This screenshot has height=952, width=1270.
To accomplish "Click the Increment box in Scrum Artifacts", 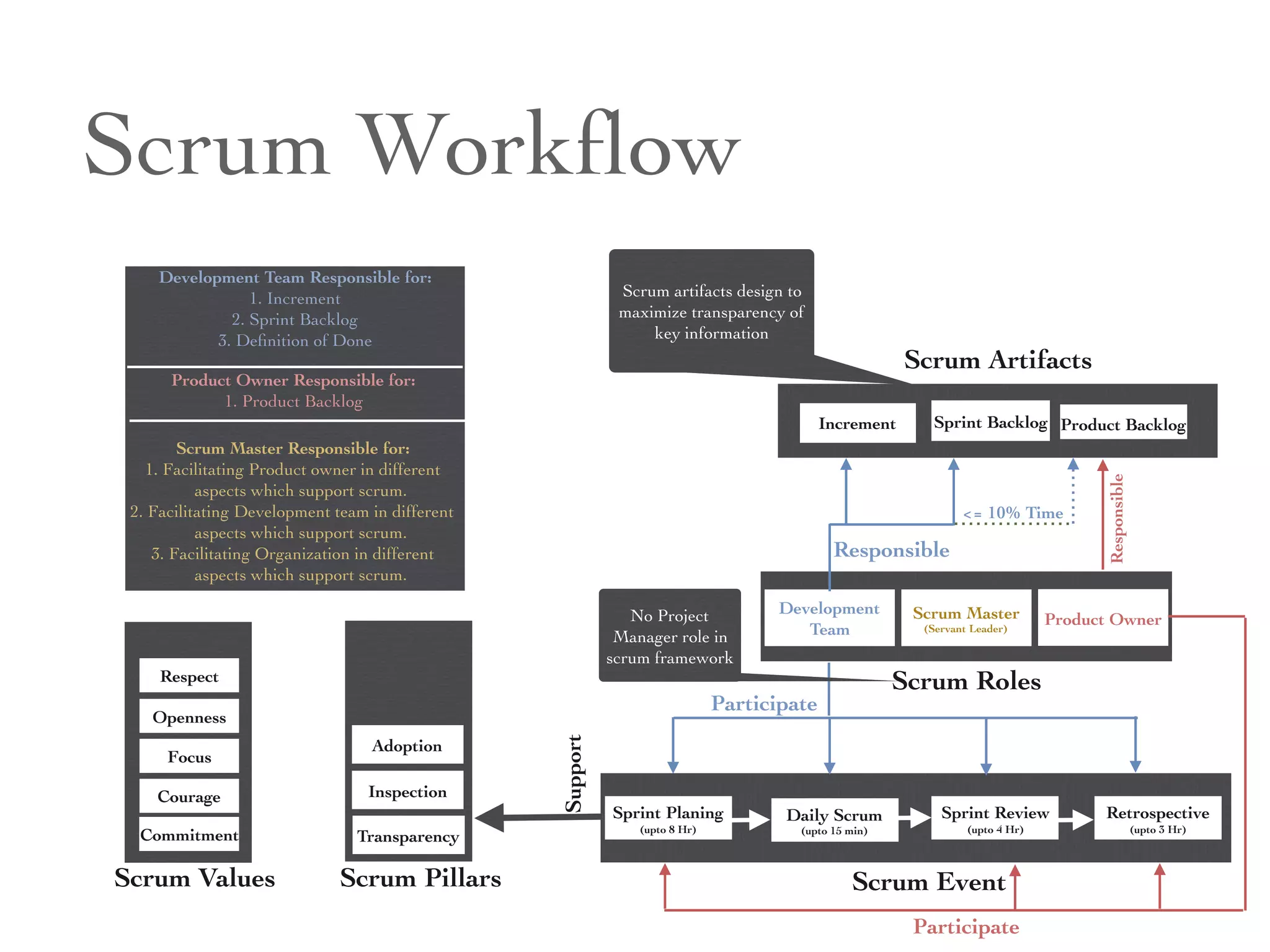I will (x=857, y=423).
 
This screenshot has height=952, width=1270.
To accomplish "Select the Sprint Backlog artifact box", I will (x=990, y=421).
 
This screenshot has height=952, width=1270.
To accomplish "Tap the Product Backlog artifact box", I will (x=1123, y=423).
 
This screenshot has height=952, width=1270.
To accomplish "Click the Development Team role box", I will (x=829, y=618).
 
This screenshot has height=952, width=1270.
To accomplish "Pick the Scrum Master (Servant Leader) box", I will (x=966, y=618).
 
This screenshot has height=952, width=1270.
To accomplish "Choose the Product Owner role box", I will (x=1103, y=618).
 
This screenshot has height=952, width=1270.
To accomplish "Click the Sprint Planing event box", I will (x=668, y=818).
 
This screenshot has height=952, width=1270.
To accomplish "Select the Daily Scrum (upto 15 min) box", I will (x=834, y=820).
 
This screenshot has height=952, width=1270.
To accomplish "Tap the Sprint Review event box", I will (x=995, y=818).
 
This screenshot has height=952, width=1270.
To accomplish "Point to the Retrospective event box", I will (x=1157, y=818).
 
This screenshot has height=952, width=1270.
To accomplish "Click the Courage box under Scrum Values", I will (x=189, y=796).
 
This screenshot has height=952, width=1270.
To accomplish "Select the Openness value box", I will (x=189, y=717).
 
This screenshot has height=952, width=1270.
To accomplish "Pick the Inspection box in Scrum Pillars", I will (x=407, y=791).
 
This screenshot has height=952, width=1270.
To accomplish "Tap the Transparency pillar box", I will (x=407, y=836).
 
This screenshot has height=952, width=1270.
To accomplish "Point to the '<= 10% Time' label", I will (x=1013, y=513).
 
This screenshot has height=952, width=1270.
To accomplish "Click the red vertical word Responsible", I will (x=1117, y=518).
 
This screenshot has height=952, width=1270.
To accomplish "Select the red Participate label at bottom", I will (x=966, y=927).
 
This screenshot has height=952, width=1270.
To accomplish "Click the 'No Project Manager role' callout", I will (x=670, y=636).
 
